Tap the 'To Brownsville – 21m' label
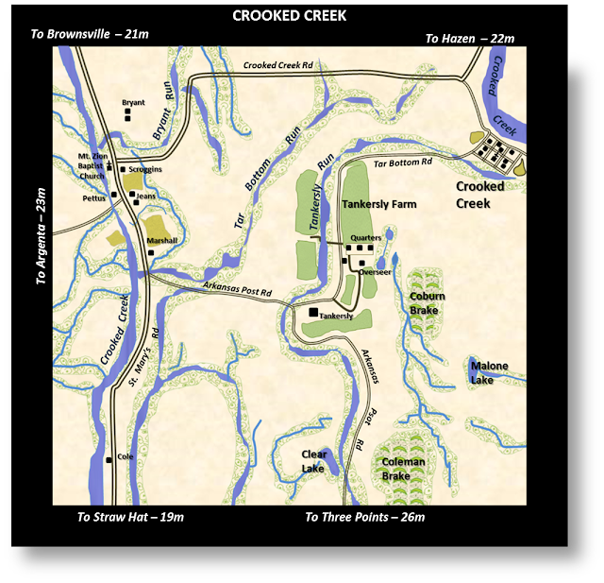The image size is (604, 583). pos(90,34)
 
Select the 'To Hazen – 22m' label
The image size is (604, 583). pos(469,38)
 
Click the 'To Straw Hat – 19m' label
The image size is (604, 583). pos(130,517)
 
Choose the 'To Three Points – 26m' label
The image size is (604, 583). pos(364,517)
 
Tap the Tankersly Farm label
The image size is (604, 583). pos(379,203)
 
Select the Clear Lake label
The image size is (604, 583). pos(313,461)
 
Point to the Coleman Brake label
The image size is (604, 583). pos(403,469)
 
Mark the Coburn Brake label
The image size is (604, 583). pos(427,302)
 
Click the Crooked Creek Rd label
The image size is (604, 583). pos(277,65)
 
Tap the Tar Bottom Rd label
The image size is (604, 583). pos(403,163)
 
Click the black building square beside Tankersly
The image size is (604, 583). pos(313,312)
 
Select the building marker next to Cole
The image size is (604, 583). pos(109,460)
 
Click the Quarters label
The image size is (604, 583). pos(364,238)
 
